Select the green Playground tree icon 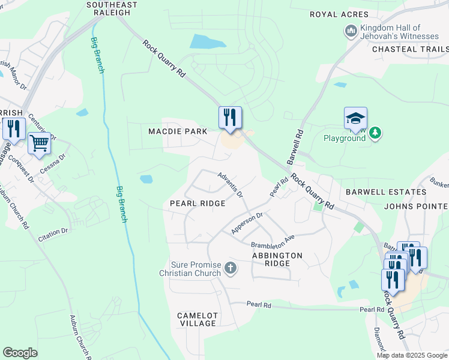[375, 132]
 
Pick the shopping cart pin [39, 143]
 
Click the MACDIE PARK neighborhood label [178, 131]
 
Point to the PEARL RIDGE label [197, 203]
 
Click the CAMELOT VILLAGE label [197, 319]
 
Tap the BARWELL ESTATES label [386, 192]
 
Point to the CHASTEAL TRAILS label [411, 49]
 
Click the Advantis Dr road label [231, 185]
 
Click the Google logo [20, 352]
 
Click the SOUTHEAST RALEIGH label [113, 8]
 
